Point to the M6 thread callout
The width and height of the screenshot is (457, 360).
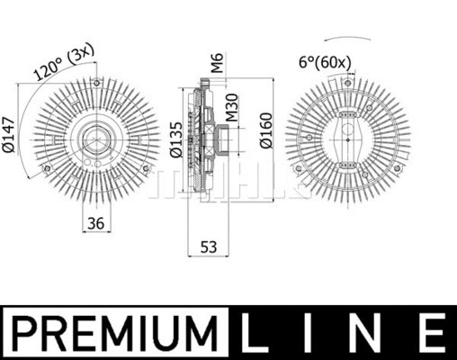(x=216, y=63)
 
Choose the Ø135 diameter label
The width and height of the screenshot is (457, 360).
(x=176, y=139)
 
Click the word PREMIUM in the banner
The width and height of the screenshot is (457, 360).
(x=118, y=332)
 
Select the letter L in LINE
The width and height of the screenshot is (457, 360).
(x=258, y=332)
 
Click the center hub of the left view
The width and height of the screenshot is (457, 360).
(x=94, y=139)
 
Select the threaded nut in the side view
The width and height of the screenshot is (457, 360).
(x=221, y=139)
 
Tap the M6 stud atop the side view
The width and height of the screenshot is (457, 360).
(x=206, y=84)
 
